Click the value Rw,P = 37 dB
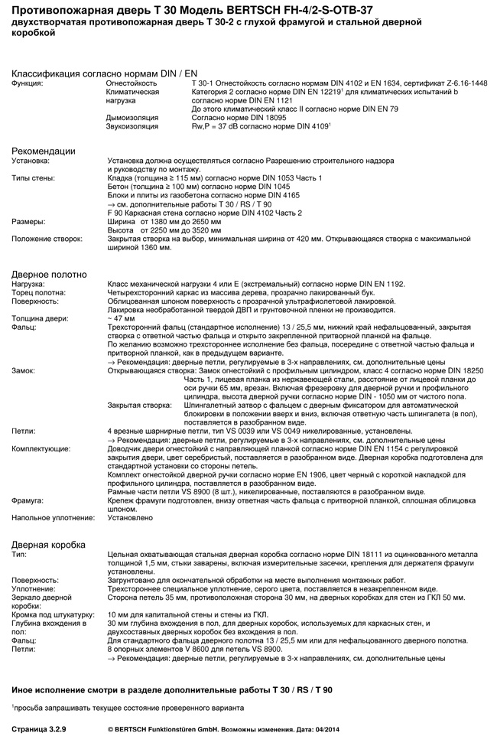point(221,125)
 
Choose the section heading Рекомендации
point(44,151)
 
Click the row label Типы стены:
point(33,178)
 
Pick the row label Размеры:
point(28,221)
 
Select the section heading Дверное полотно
point(50,274)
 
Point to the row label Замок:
point(25,370)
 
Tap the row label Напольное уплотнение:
point(54,517)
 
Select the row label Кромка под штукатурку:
point(53,614)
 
